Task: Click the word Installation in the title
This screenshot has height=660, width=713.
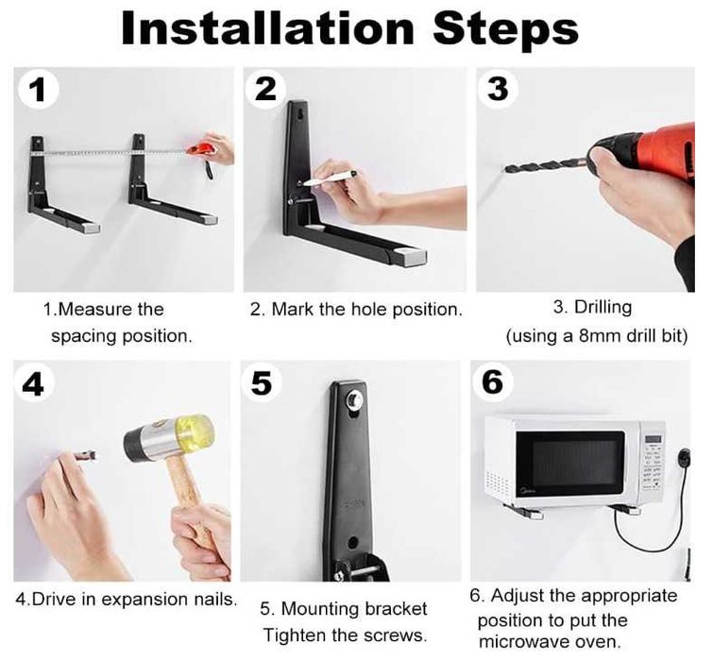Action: (267, 28)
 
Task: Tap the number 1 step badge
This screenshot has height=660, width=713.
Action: (38, 89)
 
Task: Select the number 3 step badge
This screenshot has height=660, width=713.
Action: (499, 88)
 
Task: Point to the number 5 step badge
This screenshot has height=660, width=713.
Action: (262, 382)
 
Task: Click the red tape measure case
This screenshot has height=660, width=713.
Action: (201, 149)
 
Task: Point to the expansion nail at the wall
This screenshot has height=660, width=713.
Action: (86, 454)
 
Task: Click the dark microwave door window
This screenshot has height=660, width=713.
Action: (570, 460)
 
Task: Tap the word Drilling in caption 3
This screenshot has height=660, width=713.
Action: (603, 307)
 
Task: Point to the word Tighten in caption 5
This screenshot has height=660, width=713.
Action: (296, 635)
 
